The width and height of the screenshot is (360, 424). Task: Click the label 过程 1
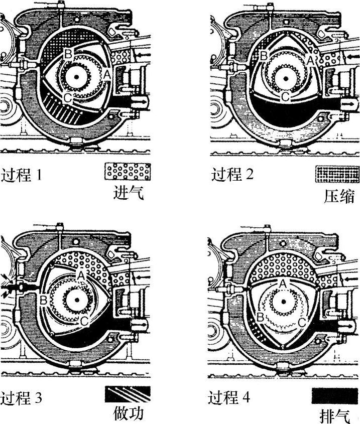coord(22,175)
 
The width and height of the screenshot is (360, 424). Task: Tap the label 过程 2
coord(232,174)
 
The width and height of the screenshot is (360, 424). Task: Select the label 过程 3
coord(21,398)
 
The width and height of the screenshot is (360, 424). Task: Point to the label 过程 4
coord(229,397)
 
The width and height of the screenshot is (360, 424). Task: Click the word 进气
coord(128,193)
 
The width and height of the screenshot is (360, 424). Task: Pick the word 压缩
coord(339,196)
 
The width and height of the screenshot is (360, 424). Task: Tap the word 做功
coord(128,413)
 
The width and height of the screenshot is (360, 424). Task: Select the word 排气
coord(335,416)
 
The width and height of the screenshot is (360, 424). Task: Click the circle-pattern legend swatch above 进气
coord(128,172)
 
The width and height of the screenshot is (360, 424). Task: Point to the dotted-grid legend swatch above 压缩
coord(337,174)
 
